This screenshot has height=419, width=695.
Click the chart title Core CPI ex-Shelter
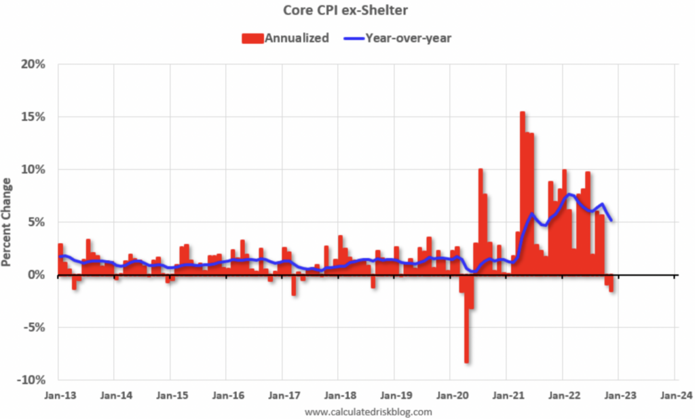pos(347,12)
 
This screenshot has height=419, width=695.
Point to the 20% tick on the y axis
pos(32,65)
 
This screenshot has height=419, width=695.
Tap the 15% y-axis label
pos(32,117)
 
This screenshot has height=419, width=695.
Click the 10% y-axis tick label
pos(32,169)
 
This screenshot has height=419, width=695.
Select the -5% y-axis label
pos(32,327)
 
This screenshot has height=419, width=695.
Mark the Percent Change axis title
pos(8,222)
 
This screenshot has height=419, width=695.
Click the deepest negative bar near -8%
pos(467,319)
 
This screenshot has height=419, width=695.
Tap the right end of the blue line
pos(612,220)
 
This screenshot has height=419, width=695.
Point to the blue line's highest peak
pos(570,195)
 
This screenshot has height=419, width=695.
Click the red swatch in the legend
pos(252,38)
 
